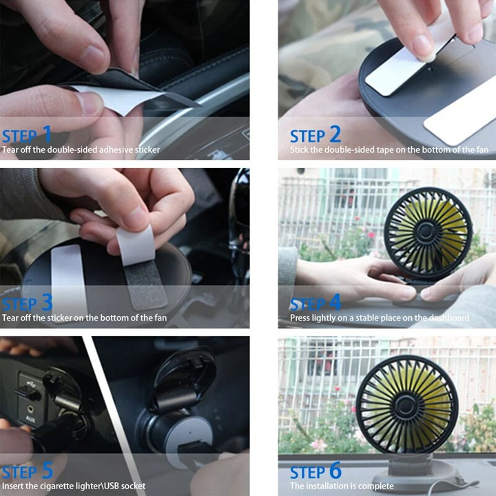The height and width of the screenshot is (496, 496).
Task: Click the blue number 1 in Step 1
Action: click(x=47, y=134)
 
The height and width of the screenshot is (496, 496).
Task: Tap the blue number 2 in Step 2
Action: click(x=335, y=134)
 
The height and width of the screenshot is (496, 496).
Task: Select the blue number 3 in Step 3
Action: click(x=47, y=302)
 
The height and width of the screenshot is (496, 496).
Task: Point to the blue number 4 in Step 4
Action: click(x=335, y=302)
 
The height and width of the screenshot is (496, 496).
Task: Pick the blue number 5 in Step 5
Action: click(x=47, y=471)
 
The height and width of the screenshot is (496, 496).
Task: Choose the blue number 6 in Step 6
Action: click(x=335, y=471)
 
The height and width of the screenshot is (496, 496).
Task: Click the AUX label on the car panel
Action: click(x=30, y=420)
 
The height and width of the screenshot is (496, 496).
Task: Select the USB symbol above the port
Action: click(x=31, y=384)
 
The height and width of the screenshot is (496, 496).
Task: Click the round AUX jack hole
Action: click(x=31, y=409)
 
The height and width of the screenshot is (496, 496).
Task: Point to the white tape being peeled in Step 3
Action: click(x=136, y=244)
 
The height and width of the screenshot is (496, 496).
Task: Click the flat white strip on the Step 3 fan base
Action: click(x=68, y=278)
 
